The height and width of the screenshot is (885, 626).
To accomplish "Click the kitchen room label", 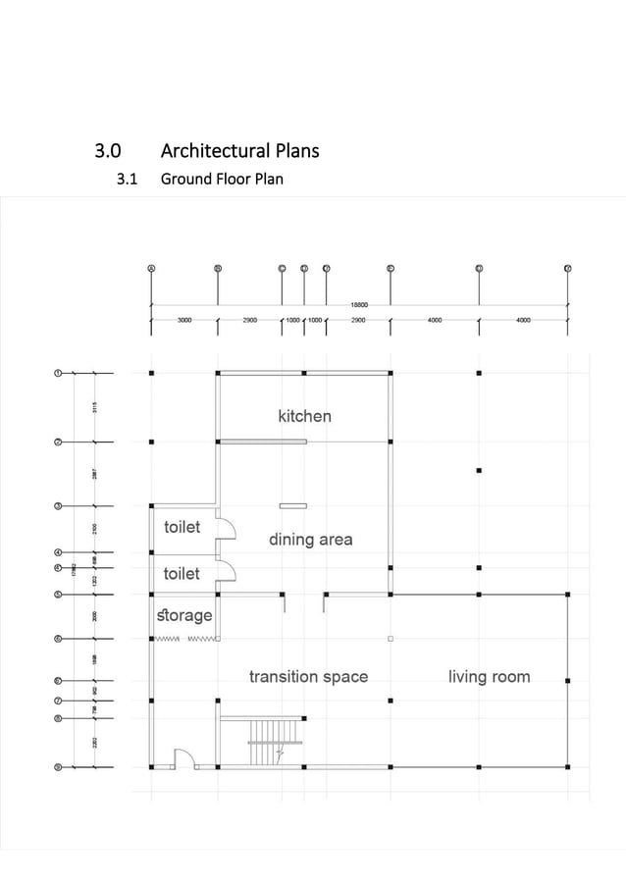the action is [x=304, y=416].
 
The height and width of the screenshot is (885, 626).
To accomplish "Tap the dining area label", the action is [x=310, y=540].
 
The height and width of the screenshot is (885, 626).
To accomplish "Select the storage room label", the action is [x=184, y=615].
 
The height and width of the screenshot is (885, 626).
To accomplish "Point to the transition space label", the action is [x=308, y=676].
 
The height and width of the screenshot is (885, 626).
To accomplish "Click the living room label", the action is [x=489, y=676].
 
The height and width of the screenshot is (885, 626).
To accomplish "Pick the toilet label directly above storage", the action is [x=182, y=573].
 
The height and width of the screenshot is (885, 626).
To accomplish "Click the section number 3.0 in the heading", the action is [x=108, y=151].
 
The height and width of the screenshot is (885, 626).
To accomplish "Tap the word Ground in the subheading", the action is [x=186, y=180].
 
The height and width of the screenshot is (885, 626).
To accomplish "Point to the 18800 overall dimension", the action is [x=359, y=305].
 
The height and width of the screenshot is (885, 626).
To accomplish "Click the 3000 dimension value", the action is [x=184, y=320].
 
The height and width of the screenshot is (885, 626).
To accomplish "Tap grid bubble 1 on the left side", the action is [x=58, y=373].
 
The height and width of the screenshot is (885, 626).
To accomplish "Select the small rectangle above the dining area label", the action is [x=292, y=505].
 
